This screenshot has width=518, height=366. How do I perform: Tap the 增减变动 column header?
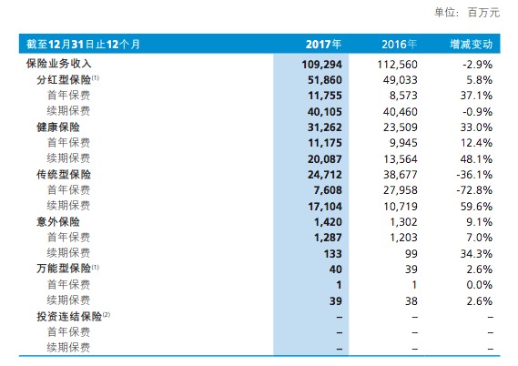click(x=472, y=44)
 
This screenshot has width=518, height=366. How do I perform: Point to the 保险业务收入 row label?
click(x=56, y=64)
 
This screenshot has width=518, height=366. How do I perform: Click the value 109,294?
click(x=320, y=64)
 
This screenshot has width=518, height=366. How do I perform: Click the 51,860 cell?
click(x=323, y=79)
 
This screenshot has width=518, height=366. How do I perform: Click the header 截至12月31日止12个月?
click(x=84, y=44)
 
